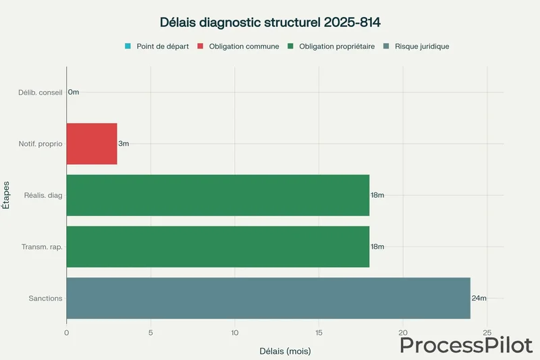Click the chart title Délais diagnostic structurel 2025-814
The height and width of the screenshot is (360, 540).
[270, 22]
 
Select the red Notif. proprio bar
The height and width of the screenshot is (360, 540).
[92, 144]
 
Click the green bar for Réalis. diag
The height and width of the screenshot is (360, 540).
[218, 195]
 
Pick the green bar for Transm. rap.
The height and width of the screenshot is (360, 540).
[218, 247]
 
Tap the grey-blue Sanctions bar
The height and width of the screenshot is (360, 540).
[268, 298]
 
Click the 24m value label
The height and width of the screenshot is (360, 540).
[479, 298]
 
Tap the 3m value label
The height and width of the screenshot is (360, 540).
[124, 144]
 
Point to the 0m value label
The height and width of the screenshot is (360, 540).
[74, 93]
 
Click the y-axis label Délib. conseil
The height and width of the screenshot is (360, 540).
[40, 93]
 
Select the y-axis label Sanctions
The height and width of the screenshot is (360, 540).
[46, 298]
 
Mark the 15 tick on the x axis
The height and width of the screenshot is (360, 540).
[319, 332]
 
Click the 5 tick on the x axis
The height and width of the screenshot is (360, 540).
[151, 332]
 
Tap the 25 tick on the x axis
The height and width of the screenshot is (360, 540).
[487, 332]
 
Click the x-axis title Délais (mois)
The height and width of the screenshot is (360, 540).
[285, 351]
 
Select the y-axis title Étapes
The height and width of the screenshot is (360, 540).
[7, 195]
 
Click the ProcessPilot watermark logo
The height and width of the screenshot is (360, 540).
[466, 345]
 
